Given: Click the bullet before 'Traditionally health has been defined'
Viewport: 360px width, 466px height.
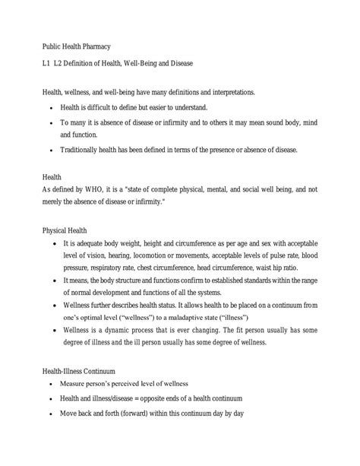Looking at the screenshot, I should click(51, 150).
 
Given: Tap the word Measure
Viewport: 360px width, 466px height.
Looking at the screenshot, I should click(81, 383).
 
